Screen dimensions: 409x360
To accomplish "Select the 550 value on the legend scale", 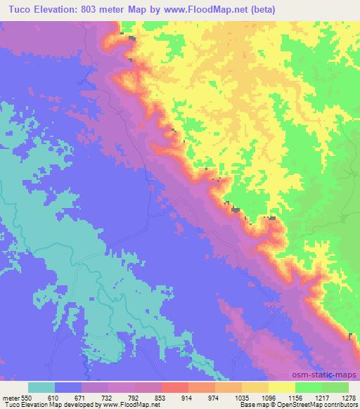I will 26,398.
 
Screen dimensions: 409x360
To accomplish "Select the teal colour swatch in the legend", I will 41,387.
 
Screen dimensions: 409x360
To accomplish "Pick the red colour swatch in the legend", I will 174,387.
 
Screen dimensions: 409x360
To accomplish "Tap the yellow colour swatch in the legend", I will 281,387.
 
